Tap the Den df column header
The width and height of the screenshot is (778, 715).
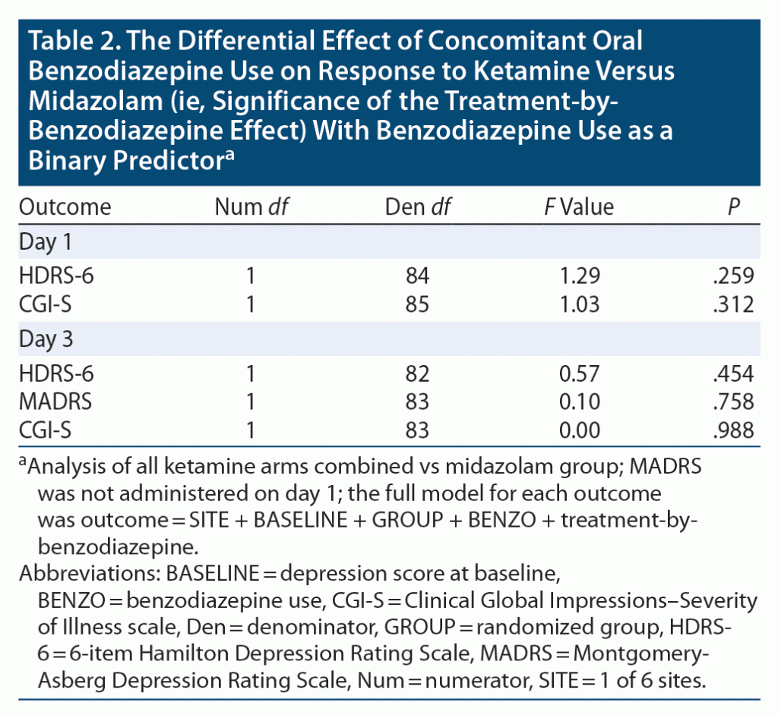(x=418, y=206)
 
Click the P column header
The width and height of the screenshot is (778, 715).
(x=733, y=206)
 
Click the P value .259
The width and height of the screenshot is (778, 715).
(x=733, y=276)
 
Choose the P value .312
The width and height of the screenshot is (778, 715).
(x=733, y=304)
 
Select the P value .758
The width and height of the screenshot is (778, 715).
(x=733, y=402)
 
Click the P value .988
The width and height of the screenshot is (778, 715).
(x=733, y=430)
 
